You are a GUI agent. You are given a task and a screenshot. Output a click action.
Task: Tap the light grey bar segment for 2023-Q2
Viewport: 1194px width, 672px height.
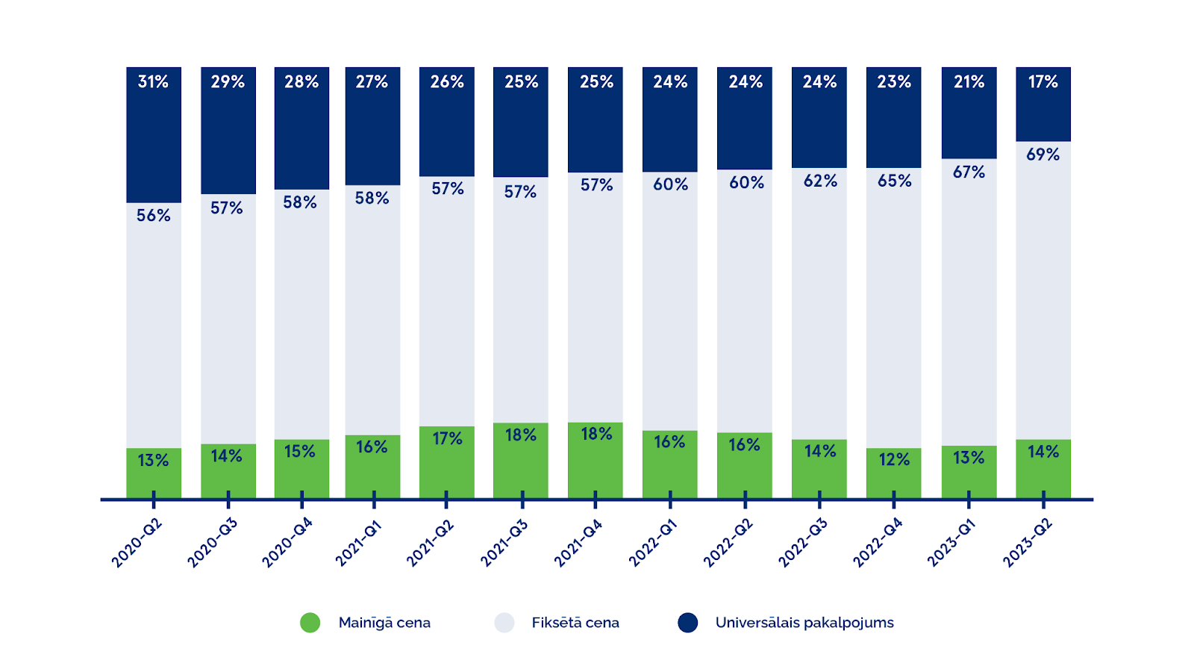coord(1043,299)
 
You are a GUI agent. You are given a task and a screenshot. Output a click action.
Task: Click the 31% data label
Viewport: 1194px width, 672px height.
coord(153,82)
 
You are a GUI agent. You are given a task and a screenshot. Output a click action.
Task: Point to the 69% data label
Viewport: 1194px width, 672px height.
coord(1043,155)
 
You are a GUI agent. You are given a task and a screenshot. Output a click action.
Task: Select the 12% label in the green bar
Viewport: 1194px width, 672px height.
coord(894,460)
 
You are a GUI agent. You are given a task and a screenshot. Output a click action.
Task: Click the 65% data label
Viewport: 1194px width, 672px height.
coord(894,181)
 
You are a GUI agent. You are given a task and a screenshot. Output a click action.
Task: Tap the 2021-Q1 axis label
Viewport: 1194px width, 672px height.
coord(358,544)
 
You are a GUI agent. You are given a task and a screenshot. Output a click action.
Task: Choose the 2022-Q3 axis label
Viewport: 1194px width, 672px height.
coord(803,544)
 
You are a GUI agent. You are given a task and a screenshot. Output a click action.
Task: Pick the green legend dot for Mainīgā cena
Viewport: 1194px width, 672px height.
coord(310,623)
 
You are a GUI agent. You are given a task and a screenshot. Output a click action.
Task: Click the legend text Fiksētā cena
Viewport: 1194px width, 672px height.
coord(575,623)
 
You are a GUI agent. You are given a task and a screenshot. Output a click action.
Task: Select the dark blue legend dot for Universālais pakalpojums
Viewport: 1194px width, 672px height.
coord(687,623)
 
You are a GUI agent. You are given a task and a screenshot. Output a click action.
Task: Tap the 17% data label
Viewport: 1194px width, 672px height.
coord(1043,82)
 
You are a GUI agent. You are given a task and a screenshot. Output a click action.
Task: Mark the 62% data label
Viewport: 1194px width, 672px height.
coord(820,181)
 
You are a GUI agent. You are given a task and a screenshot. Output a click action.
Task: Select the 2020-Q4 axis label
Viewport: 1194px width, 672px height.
coord(287,544)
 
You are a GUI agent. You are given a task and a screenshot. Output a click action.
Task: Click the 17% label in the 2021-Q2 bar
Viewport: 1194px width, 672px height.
coord(447,439)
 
